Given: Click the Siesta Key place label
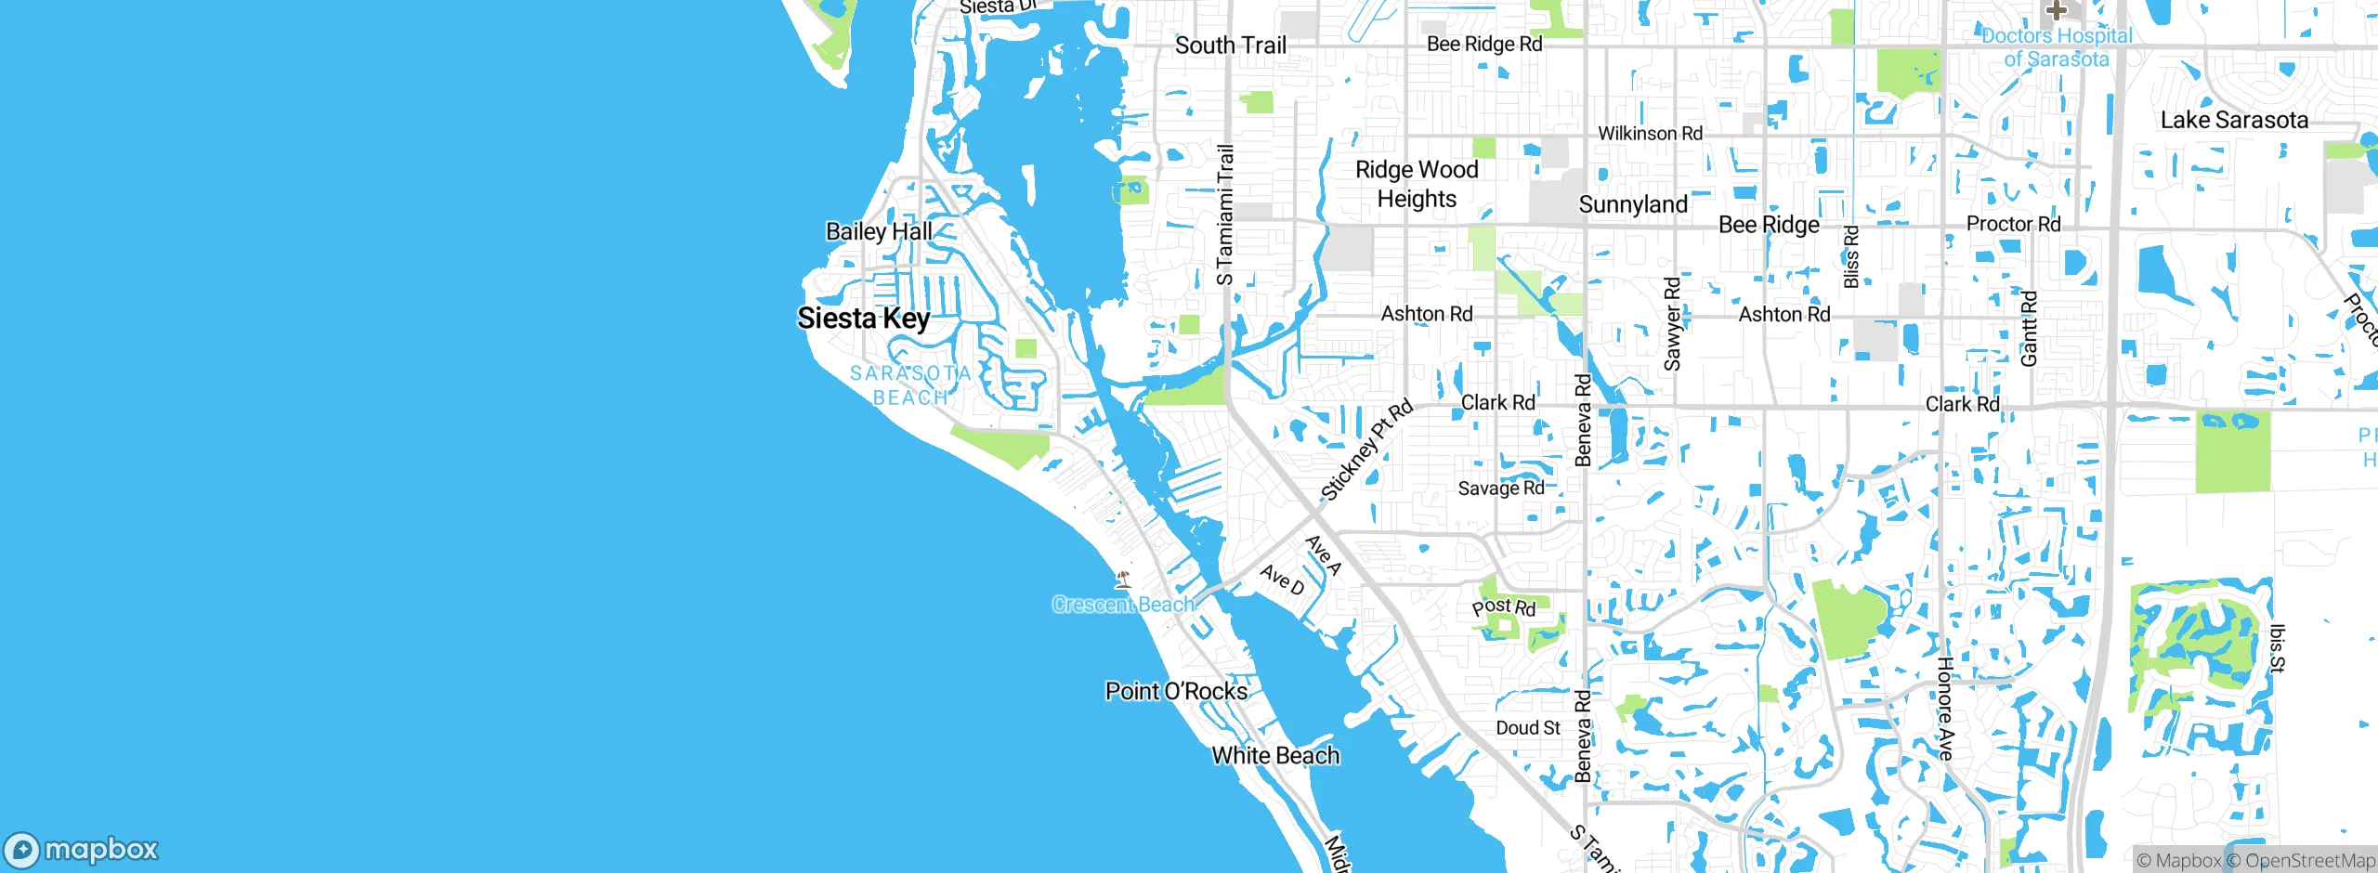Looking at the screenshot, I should (863, 318).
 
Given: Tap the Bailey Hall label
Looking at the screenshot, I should (879, 231).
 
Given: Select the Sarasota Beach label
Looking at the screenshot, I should (910, 384).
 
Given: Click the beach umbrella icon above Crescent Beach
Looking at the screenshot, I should (1123, 580).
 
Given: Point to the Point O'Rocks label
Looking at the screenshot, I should (1176, 691).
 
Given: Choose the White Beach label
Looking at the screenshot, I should (1275, 755).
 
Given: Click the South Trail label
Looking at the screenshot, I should (1231, 45).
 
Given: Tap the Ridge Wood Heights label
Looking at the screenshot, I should (1417, 184).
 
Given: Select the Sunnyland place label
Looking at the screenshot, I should (1633, 204).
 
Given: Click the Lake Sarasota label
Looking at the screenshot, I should (2234, 120).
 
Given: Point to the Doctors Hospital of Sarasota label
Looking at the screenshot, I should (2057, 47).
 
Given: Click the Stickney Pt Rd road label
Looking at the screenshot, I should (1366, 450).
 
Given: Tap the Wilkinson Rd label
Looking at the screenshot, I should (1650, 134).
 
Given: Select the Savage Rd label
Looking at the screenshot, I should (1500, 489).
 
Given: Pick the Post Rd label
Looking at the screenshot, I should (1503, 607).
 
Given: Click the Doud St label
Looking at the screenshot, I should (1527, 728).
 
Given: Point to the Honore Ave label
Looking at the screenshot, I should (1945, 708).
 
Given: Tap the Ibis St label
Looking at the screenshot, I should (2276, 647).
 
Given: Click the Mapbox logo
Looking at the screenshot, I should (82, 849).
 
